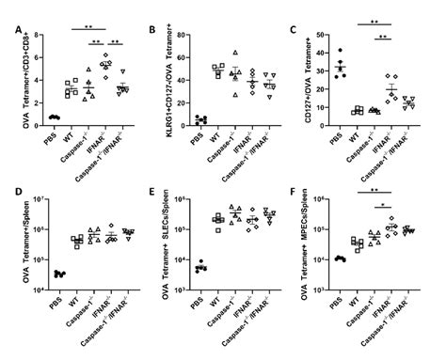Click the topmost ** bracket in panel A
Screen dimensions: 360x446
click(83, 27)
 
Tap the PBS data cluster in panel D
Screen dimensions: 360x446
click(59, 274)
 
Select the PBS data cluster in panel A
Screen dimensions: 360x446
click(55, 117)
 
